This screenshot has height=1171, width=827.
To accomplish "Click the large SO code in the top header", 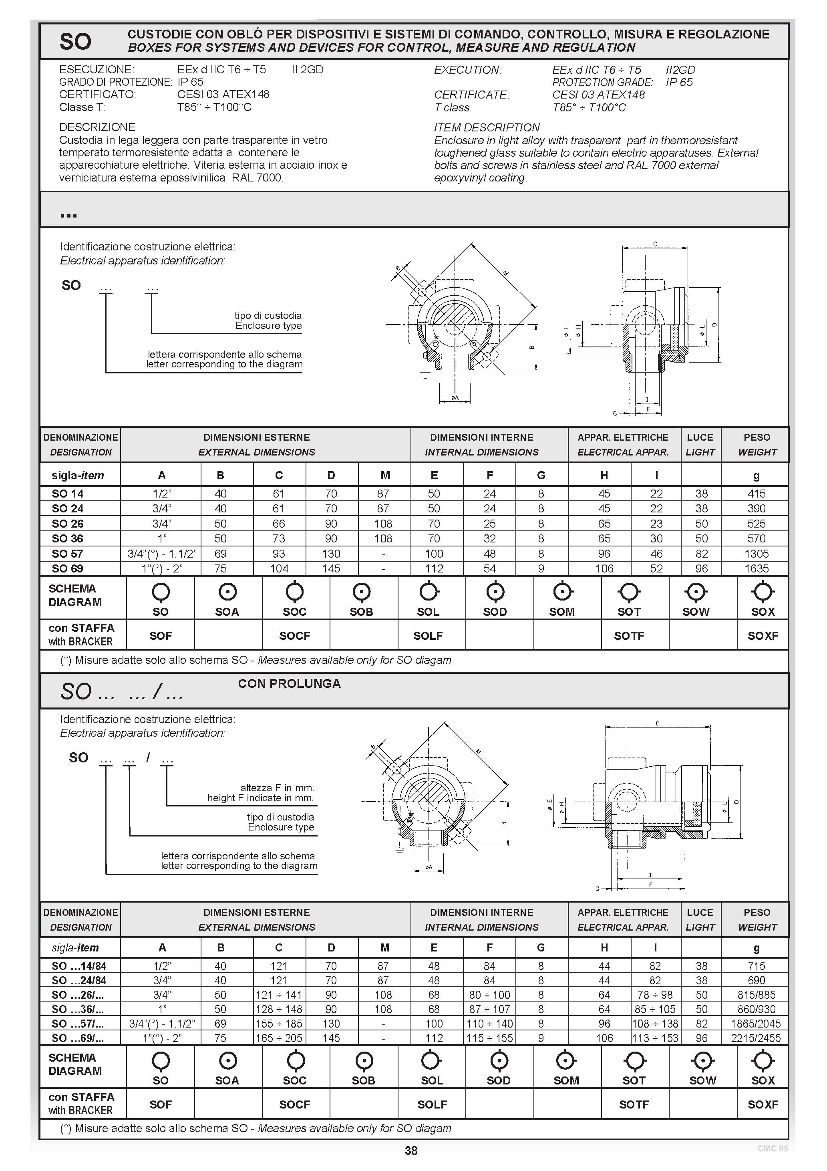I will coord(75,41).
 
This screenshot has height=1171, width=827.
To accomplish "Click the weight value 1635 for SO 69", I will coord(756,568).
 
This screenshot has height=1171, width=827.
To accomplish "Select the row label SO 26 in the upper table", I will coord(67,524).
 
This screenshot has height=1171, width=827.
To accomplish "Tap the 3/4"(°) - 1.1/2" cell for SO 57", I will coord(162,554).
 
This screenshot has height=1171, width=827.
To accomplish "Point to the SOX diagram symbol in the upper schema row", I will coord(763,593).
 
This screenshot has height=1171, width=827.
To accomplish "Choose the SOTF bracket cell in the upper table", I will coord(629,636).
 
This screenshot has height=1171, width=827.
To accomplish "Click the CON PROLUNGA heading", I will coord(289,684).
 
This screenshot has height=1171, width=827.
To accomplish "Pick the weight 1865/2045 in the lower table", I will coord(756,1024).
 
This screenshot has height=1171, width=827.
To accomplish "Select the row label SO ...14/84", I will coord(79,966).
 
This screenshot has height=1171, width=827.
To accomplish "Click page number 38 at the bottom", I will coord(411,1151).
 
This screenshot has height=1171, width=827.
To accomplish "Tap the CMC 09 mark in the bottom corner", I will coord(773,1149).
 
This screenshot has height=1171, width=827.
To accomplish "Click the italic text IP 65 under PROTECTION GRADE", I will coord(679,83).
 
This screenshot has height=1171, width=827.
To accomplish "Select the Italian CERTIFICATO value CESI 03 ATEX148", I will coord(223,95).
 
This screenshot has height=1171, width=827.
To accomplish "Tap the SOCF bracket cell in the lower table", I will coord(295,1104).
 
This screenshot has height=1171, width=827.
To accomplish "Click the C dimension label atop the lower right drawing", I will coord(658,723).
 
